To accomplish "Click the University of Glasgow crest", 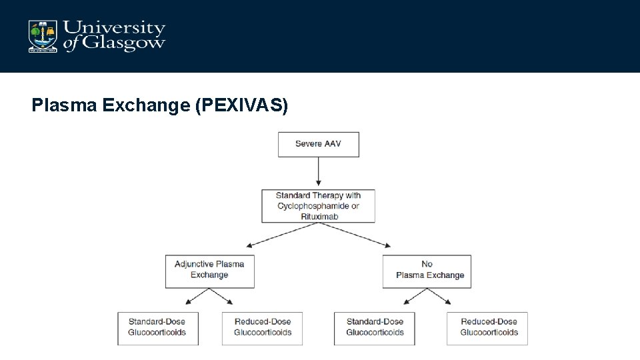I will click(x=42, y=36).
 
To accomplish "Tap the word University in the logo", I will click(x=114, y=28).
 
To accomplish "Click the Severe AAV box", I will click(x=318, y=144).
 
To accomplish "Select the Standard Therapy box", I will click(x=318, y=206).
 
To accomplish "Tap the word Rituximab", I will click(x=318, y=217).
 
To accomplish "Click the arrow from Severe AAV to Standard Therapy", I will click(x=319, y=171).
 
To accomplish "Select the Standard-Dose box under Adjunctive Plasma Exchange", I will click(x=157, y=328).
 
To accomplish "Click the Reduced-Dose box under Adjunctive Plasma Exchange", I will click(x=262, y=328).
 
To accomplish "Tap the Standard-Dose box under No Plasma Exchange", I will click(x=374, y=328).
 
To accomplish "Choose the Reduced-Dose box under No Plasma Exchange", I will click(x=487, y=328).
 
